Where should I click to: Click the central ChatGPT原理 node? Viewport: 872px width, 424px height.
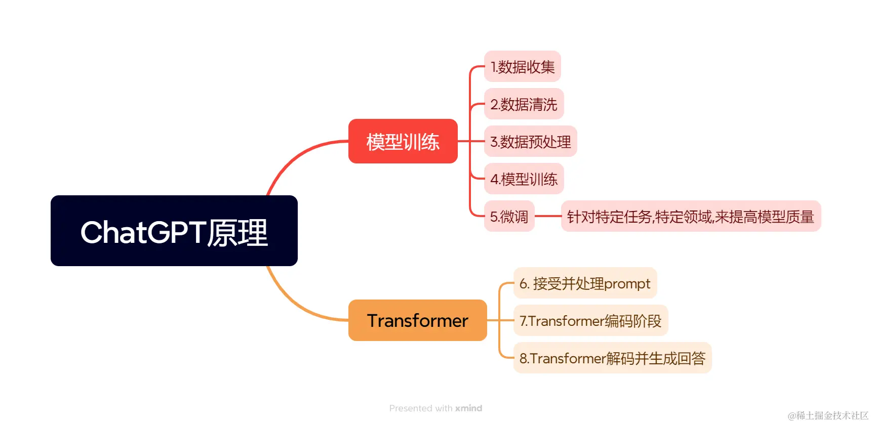(x=174, y=231)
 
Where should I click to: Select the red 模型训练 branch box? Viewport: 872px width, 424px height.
(x=403, y=141)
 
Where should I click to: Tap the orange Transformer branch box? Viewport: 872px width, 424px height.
(x=417, y=320)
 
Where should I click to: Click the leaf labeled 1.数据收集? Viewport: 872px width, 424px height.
(x=522, y=66)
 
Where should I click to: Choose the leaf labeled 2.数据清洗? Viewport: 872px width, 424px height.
(x=524, y=104)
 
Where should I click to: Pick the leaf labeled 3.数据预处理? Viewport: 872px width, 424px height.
(x=530, y=142)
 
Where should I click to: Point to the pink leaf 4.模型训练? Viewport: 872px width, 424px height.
(x=524, y=179)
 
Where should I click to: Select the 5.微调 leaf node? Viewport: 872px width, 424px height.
(x=509, y=217)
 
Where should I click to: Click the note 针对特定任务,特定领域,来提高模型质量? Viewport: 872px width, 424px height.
(x=690, y=217)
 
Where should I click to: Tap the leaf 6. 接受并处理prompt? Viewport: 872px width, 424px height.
(x=585, y=283)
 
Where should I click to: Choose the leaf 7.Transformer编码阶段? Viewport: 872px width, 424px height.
(x=590, y=321)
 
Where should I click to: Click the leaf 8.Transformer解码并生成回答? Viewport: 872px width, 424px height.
(x=612, y=358)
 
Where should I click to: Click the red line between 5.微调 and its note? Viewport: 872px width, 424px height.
(x=547, y=216)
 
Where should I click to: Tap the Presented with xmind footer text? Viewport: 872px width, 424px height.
(x=435, y=408)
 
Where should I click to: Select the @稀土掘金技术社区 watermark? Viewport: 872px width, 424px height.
(x=828, y=415)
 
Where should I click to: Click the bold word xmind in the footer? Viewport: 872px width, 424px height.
(x=468, y=408)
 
